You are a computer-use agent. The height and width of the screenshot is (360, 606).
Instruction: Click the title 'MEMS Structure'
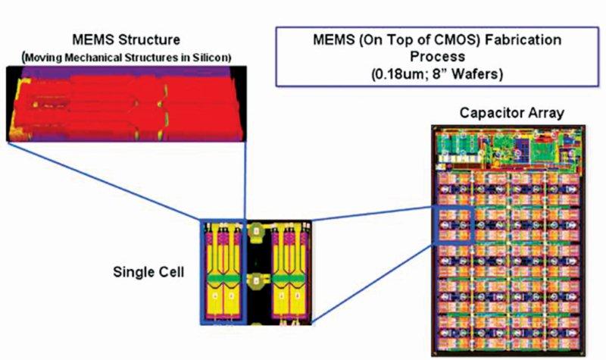point(127,39)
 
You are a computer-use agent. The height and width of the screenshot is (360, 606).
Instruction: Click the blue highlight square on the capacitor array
point(455,225)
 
